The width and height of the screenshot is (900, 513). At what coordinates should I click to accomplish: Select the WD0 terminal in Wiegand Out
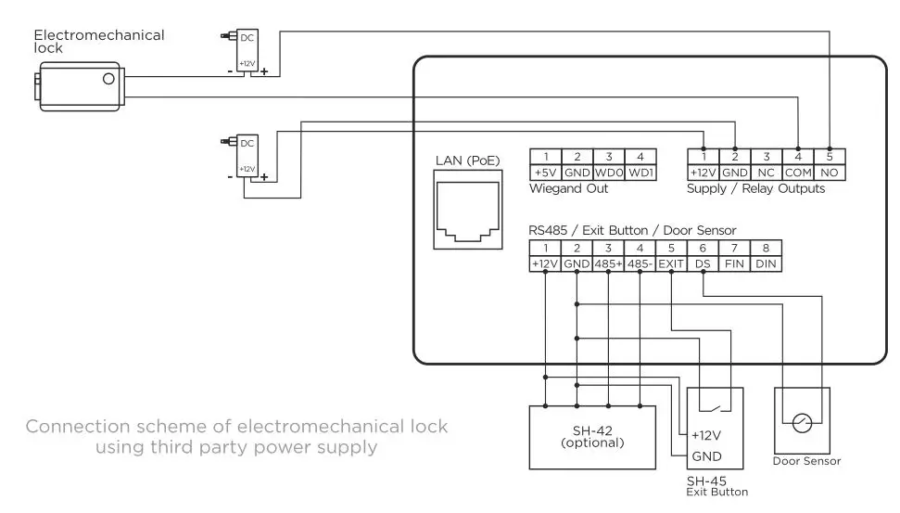608,173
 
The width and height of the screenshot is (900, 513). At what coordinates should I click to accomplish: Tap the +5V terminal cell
545,173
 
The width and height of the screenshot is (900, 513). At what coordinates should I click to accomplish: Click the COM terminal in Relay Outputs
798,173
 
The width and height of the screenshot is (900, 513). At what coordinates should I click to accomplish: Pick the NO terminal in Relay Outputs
830,173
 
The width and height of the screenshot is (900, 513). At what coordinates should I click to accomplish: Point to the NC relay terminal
767,173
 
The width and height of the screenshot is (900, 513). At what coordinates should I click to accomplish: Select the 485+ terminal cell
608,263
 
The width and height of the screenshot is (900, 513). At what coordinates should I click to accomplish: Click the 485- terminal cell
640,263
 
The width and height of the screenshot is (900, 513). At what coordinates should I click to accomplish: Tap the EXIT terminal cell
671,263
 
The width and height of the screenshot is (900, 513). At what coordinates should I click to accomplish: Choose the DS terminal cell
703,263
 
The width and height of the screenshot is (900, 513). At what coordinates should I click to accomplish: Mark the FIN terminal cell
734,263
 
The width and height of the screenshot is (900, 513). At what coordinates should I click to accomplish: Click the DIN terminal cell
766,263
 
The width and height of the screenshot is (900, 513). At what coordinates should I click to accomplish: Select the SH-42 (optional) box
593,437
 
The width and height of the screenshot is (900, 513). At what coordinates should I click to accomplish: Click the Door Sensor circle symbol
802,422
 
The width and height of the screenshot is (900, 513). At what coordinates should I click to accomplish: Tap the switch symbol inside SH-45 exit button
714,405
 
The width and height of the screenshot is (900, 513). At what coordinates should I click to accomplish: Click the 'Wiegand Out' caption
568,189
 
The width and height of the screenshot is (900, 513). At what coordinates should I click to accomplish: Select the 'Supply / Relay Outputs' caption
755,189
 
